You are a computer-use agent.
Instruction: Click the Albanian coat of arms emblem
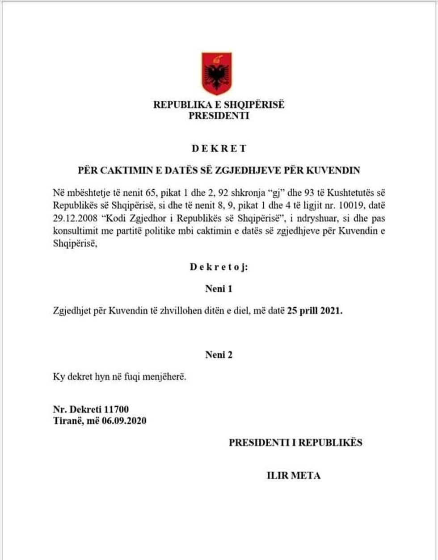coord(216,73)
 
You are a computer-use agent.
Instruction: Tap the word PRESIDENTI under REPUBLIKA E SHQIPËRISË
coord(219,116)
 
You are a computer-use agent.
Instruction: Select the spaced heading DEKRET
coord(219,149)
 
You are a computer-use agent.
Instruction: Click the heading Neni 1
coord(219,289)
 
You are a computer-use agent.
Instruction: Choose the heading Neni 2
coord(219,355)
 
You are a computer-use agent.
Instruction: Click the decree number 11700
coord(117,409)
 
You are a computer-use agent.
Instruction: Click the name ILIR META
coord(293,476)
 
